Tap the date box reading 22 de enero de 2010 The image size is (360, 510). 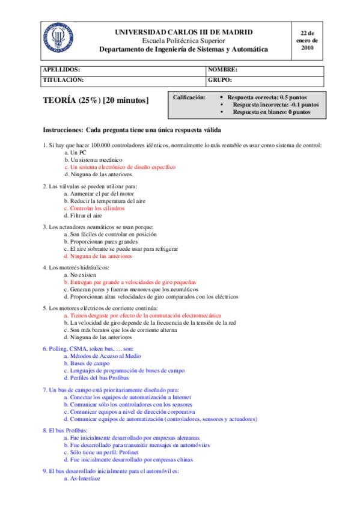(x=307, y=40)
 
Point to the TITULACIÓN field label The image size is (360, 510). (x=63, y=79)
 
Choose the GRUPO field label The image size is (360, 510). (x=220, y=79)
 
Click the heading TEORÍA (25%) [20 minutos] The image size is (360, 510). (x=96, y=100)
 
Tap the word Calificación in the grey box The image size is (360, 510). (x=189, y=97)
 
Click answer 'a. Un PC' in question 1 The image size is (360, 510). (x=75, y=153)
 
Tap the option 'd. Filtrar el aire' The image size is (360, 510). (x=82, y=215)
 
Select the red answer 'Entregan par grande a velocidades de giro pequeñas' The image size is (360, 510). (x=130, y=281)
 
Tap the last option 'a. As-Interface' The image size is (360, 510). (x=82, y=479)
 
